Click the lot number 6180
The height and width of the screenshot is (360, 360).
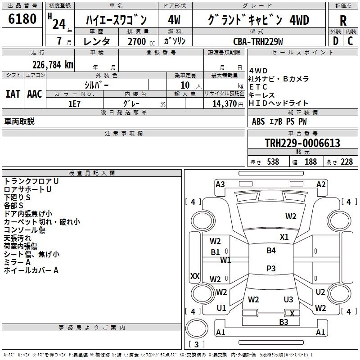22,20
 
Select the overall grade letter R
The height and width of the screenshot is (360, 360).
343,20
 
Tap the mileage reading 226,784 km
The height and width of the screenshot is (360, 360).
52,64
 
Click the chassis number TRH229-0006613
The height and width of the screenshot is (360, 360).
302,143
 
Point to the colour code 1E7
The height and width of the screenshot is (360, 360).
74,103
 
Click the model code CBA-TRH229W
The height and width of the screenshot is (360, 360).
258,41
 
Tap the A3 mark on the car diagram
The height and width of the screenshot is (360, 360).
220,184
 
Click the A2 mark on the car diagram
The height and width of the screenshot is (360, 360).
321,184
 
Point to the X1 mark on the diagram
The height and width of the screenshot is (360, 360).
284,237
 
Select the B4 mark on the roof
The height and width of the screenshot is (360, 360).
271,250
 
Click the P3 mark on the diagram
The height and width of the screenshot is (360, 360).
271,268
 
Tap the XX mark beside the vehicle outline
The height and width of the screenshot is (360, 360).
195,276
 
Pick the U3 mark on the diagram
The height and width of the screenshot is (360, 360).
288,299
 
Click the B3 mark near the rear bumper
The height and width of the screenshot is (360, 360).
283,322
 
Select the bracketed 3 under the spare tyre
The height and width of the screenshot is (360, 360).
196,345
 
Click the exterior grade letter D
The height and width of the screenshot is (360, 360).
335,41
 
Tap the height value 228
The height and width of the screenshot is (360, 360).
346,162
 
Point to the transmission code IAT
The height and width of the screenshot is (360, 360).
13,94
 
